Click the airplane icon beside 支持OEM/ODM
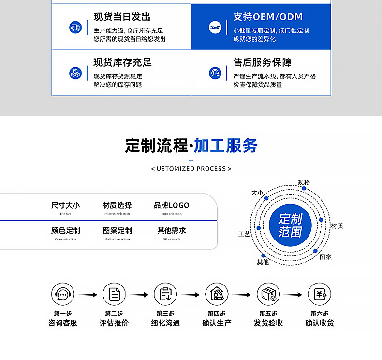click(x=215, y=27)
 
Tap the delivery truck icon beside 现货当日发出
click(x=75, y=27)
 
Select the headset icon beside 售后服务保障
click(x=215, y=73)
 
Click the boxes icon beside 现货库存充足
click(x=75, y=73)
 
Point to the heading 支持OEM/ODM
click(x=267, y=17)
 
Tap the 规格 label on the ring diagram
click(x=304, y=182)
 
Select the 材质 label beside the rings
click(x=337, y=226)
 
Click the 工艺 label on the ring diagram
click(x=245, y=234)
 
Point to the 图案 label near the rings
click(x=326, y=256)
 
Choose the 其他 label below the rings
click(x=263, y=262)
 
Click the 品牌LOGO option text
click(x=172, y=205)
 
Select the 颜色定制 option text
click(x=66, y=230)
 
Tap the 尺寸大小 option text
click(x=66, y=205)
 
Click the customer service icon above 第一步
click(x=63, y=294)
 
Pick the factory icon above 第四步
click(x=217, y=294)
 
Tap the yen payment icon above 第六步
click(x=319, y=294)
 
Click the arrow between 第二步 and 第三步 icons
click(x=139, y=294)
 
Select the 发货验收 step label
click(x=268, y=323)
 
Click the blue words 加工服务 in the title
click(x=225, y=146)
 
